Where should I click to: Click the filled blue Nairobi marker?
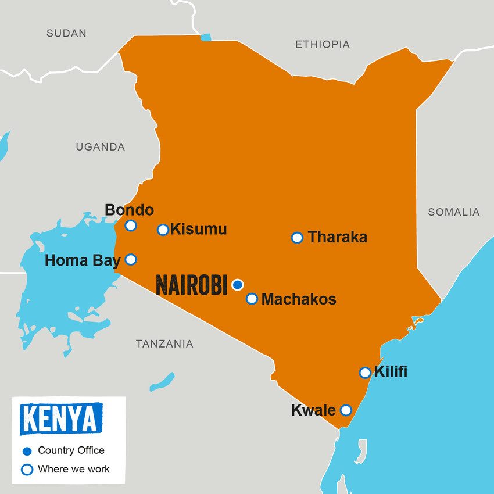pos(237,284)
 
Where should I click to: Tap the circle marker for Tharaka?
pos(297,237)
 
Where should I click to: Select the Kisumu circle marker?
pos(163,230)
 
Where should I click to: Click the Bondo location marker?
pos(131,225)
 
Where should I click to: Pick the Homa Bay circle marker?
pos(131,259)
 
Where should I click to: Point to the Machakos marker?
pos(252,299)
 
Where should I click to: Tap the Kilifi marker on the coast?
pos(364,373)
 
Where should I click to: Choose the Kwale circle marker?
pos(346,410)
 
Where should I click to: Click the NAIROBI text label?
pos(191,285)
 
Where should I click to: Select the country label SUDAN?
pos(66,33)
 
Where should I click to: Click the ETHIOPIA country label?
pos(322,44)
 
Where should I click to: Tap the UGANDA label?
pos(100,147)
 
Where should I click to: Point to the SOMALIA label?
pos(453,212)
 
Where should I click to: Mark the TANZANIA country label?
pos(164,344)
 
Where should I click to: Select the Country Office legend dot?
pos(27,451)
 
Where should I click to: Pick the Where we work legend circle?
pos(27,469)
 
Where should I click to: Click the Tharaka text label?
pos(337,237)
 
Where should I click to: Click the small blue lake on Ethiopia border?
pos(206,37)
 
